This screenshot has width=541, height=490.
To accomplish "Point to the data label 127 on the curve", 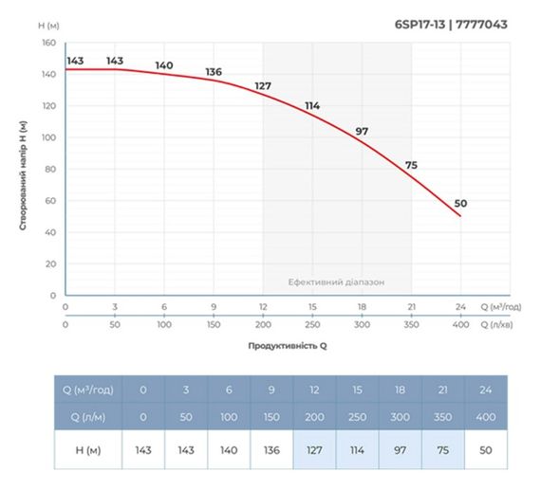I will [263, 86].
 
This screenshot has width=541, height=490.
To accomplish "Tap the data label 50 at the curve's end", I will [461, 204].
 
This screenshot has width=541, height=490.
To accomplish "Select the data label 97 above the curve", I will [362, 131].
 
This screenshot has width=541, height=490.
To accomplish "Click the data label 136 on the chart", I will [214, 72].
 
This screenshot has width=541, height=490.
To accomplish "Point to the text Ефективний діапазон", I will [337, 282].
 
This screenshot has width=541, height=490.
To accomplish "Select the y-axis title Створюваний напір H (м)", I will [21, 176].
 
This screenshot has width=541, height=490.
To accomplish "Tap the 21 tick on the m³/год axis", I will [411, 308].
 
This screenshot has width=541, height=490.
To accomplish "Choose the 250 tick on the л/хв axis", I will [312, 324].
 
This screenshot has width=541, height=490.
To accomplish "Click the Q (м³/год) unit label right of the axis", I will [500, 308].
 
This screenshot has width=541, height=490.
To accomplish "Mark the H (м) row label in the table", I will [87, 449].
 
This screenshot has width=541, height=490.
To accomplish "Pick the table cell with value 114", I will [358, 449].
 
